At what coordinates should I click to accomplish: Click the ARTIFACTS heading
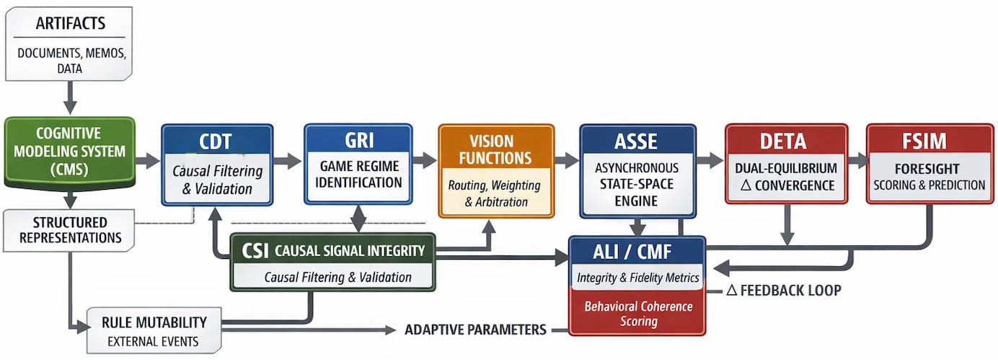point(69,24)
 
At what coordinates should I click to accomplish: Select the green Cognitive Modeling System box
point(69,152)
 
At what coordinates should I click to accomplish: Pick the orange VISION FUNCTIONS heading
point(496,149)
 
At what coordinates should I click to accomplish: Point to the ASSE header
point(637,141)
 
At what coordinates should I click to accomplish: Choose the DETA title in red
point(784,141)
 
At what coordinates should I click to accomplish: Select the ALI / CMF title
point(636,253)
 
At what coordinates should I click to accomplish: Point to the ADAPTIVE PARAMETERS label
point(475,330)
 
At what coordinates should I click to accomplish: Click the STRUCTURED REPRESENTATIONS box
point(69,229)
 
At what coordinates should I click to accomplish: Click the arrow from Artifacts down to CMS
point(70,97)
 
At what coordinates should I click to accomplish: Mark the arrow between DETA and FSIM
point(856,160)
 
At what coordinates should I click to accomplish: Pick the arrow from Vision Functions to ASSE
point(567,160)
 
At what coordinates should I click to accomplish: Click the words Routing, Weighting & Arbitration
point(496,193)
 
